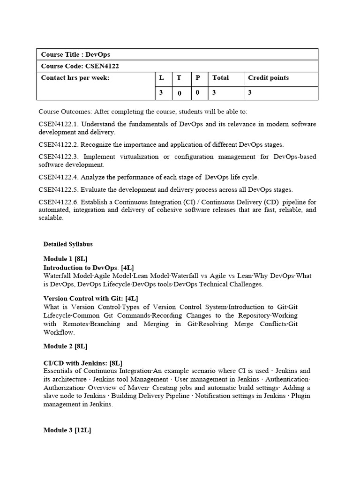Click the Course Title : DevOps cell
point(75,55)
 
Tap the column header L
point(161,78)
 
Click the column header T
point(179,78)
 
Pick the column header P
point(198,78)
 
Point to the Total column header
point(220,78)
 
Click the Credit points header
point(268,78)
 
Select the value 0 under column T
point(179,93)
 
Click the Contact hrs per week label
point(75,78)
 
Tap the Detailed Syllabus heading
point(68,244)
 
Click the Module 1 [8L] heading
point(65,259)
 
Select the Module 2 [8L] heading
point(65,346)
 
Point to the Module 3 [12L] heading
point(67,430)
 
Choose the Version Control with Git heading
point(90,298)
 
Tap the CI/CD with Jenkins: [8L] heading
point(82,363)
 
